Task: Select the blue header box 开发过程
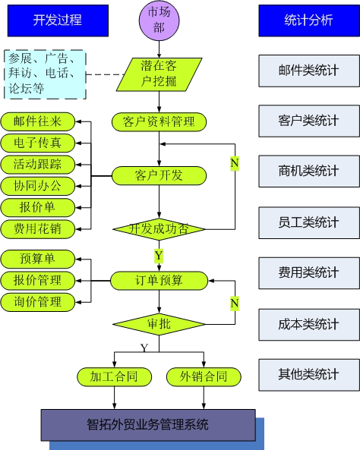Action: point(57,20)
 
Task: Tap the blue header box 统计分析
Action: point(308,20)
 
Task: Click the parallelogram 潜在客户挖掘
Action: point(159,74)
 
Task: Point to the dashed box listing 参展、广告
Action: point(45,74)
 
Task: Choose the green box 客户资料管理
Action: point(159,121)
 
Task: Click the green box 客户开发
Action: point(159,175)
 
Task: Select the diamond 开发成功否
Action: point(159,228)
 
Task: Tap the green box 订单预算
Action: point(159,280)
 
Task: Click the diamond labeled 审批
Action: point(159,325)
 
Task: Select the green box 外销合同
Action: point(204,376)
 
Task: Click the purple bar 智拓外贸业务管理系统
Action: point(147,424)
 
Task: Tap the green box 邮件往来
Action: point(38,121)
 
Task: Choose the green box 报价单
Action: point(38,207)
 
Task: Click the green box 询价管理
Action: point(38,302)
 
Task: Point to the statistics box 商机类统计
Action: point(308,172)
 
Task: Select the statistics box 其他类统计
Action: point(308,373)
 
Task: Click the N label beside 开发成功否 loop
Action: point(235,163)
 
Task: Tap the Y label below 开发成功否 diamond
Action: point(159,256)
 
